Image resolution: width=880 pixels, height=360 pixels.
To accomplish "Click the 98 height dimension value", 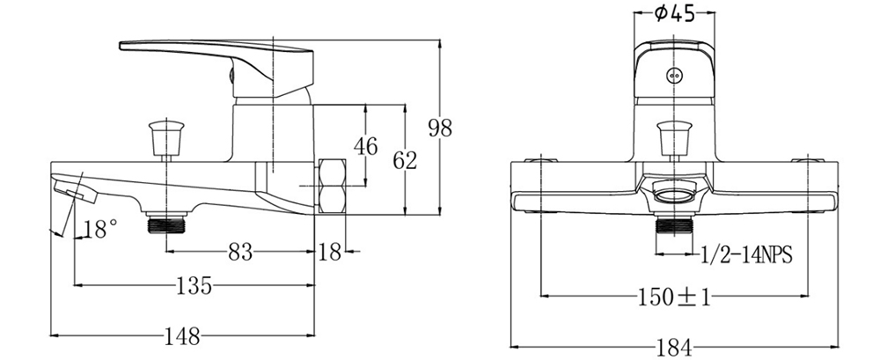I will [439, 128].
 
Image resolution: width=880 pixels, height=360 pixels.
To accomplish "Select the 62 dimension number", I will [405, 160].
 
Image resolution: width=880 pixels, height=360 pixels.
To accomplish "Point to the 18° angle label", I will [99, 231].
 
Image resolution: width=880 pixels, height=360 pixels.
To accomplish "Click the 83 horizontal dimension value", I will [240, 253].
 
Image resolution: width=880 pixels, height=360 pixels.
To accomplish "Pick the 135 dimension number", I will [194, 286].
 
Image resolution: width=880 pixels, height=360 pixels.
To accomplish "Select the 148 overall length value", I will [182, 336].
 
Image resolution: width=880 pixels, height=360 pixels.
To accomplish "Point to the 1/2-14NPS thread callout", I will [747, 255].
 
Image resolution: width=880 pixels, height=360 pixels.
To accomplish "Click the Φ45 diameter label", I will [675, 14].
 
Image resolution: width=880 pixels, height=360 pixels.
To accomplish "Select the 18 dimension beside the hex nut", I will [329, 253].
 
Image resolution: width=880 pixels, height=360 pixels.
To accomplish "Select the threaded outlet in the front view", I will [674, 231].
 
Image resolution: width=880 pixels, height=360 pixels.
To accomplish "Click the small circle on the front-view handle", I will [675, 75].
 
